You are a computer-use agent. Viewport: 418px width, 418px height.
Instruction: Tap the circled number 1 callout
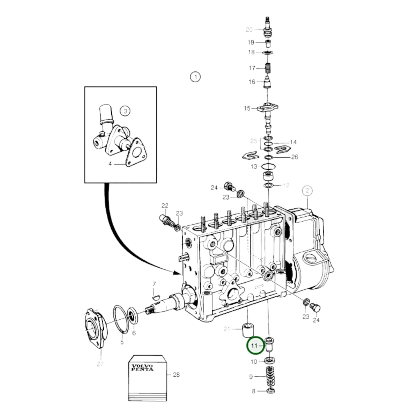coord(195,77)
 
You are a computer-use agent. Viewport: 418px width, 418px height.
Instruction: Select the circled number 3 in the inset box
coord(125,111)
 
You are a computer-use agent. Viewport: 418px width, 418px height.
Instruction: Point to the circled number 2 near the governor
coord(307,191)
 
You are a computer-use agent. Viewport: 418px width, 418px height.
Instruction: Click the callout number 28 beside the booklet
coord(176,375)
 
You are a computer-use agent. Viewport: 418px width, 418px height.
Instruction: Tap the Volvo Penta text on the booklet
coord(142,368)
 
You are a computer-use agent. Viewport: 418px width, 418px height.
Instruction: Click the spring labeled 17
coord(268,68)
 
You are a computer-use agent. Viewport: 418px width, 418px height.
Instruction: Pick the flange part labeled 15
coord(268,108)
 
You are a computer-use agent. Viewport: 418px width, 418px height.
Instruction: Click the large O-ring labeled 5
coord(121,319)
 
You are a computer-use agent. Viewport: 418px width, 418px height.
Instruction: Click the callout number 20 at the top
coord(249,30)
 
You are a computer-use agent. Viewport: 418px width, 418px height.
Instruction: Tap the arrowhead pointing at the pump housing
coord(176,272)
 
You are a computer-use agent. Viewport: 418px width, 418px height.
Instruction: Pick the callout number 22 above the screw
coord(165,206)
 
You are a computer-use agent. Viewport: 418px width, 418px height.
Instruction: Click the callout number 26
coord(294,157)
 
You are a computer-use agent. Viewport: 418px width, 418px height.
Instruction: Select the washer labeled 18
coord(268,53)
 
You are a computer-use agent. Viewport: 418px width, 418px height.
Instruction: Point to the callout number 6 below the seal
coord(134,333)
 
